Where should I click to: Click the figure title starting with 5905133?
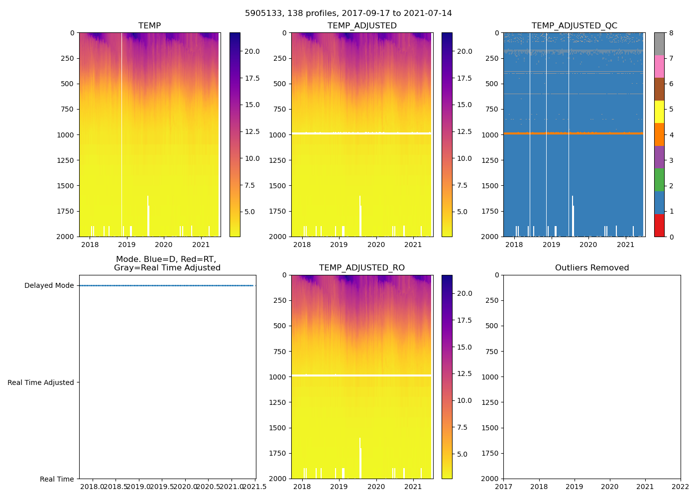[x=348, y=13]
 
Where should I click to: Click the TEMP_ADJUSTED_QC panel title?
[x=574, y=26]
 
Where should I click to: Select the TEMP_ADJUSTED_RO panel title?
[x=361, y=268]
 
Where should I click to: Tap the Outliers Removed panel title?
[x=591, y=268]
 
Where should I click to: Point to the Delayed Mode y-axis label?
[x=49, y=285]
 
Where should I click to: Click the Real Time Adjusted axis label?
[x=40, y=382]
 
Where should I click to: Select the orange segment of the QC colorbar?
[x=659, y=134]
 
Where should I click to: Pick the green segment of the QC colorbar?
[x=659, y=180]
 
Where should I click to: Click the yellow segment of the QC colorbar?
[x=659, y=112]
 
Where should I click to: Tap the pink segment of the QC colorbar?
[x=659, y=66]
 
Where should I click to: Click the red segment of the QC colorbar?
[x=659, y=225]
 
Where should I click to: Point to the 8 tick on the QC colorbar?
[x=671, y=33]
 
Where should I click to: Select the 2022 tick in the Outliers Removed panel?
[x=680, y=487]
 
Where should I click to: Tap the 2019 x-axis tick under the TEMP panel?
[x=126, y=245]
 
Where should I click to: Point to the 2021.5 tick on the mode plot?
[x=256, y=487]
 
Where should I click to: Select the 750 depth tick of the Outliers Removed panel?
[x=493, y=352]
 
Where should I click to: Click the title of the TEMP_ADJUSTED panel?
[x=361, y=26]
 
